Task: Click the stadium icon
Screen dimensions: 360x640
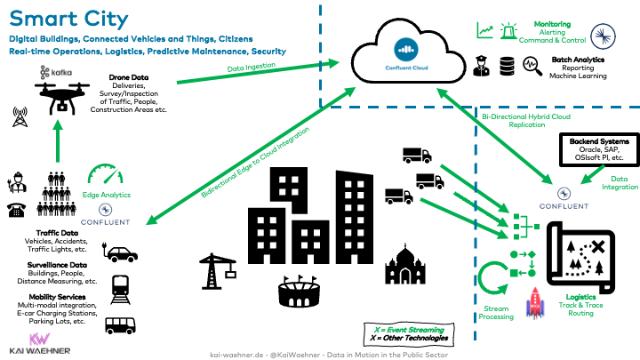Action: pos(300,293)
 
